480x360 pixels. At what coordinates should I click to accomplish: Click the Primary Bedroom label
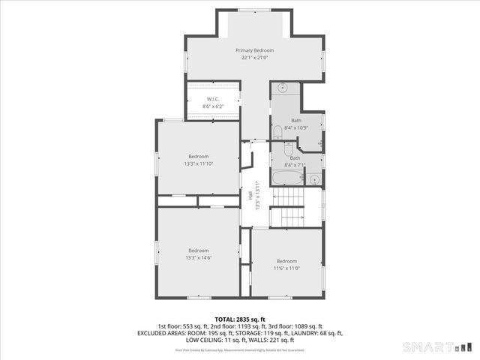[x=256, y=49]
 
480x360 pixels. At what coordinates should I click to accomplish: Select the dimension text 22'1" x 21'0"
[x=256, y=58]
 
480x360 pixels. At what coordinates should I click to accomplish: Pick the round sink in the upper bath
[x=282, y=87]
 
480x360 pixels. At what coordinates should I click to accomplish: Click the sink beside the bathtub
[x=314, y=179]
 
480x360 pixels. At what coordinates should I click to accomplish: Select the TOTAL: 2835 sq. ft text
[x=240, y=319]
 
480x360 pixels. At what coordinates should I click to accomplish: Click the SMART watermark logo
[x=438, y=347]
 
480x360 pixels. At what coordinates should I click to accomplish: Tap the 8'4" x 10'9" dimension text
[x=297, y=127]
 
